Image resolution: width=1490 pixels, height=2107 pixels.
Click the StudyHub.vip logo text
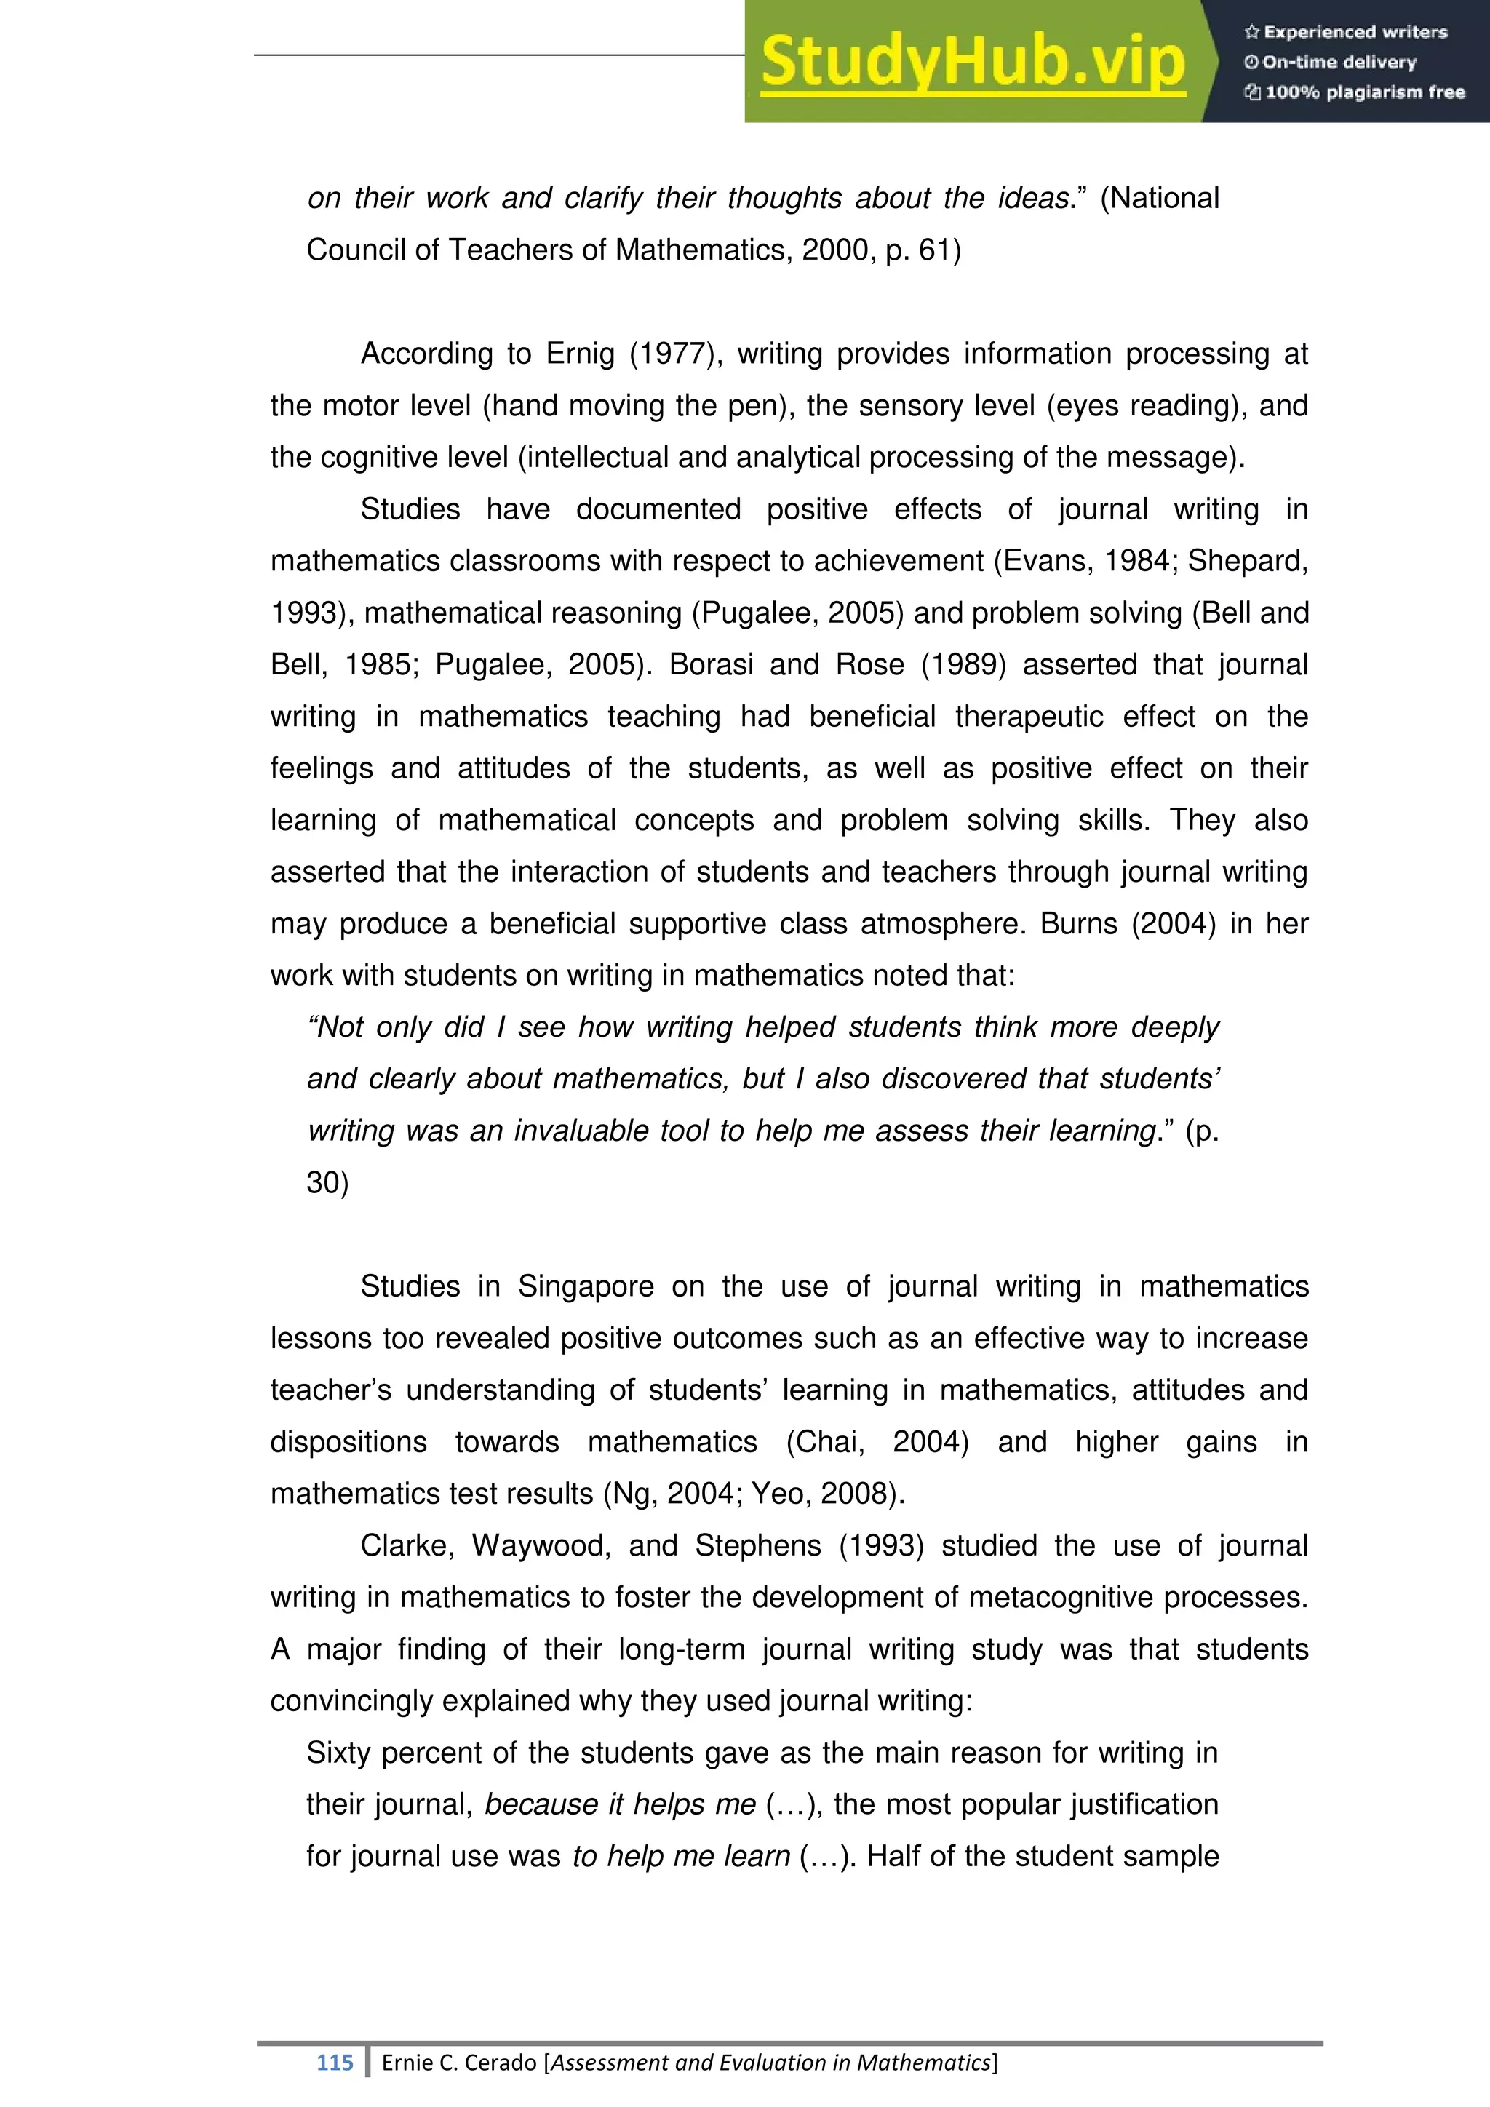[x=973, y=62]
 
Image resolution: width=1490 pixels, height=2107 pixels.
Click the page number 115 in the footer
[x=334, y=2062]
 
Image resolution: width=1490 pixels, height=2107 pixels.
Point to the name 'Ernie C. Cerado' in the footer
[x=459, y=2062]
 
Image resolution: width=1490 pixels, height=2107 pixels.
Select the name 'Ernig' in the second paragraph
[x=580, y=354]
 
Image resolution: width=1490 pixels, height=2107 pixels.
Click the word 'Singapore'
[x=586, y=1286]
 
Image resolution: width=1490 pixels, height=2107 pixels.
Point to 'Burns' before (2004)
[x=1078, y=924]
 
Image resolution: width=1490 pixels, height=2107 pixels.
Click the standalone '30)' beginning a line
[x=327, y=1183]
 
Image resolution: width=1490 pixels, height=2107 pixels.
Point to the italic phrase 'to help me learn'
[x=681, y=1857]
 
